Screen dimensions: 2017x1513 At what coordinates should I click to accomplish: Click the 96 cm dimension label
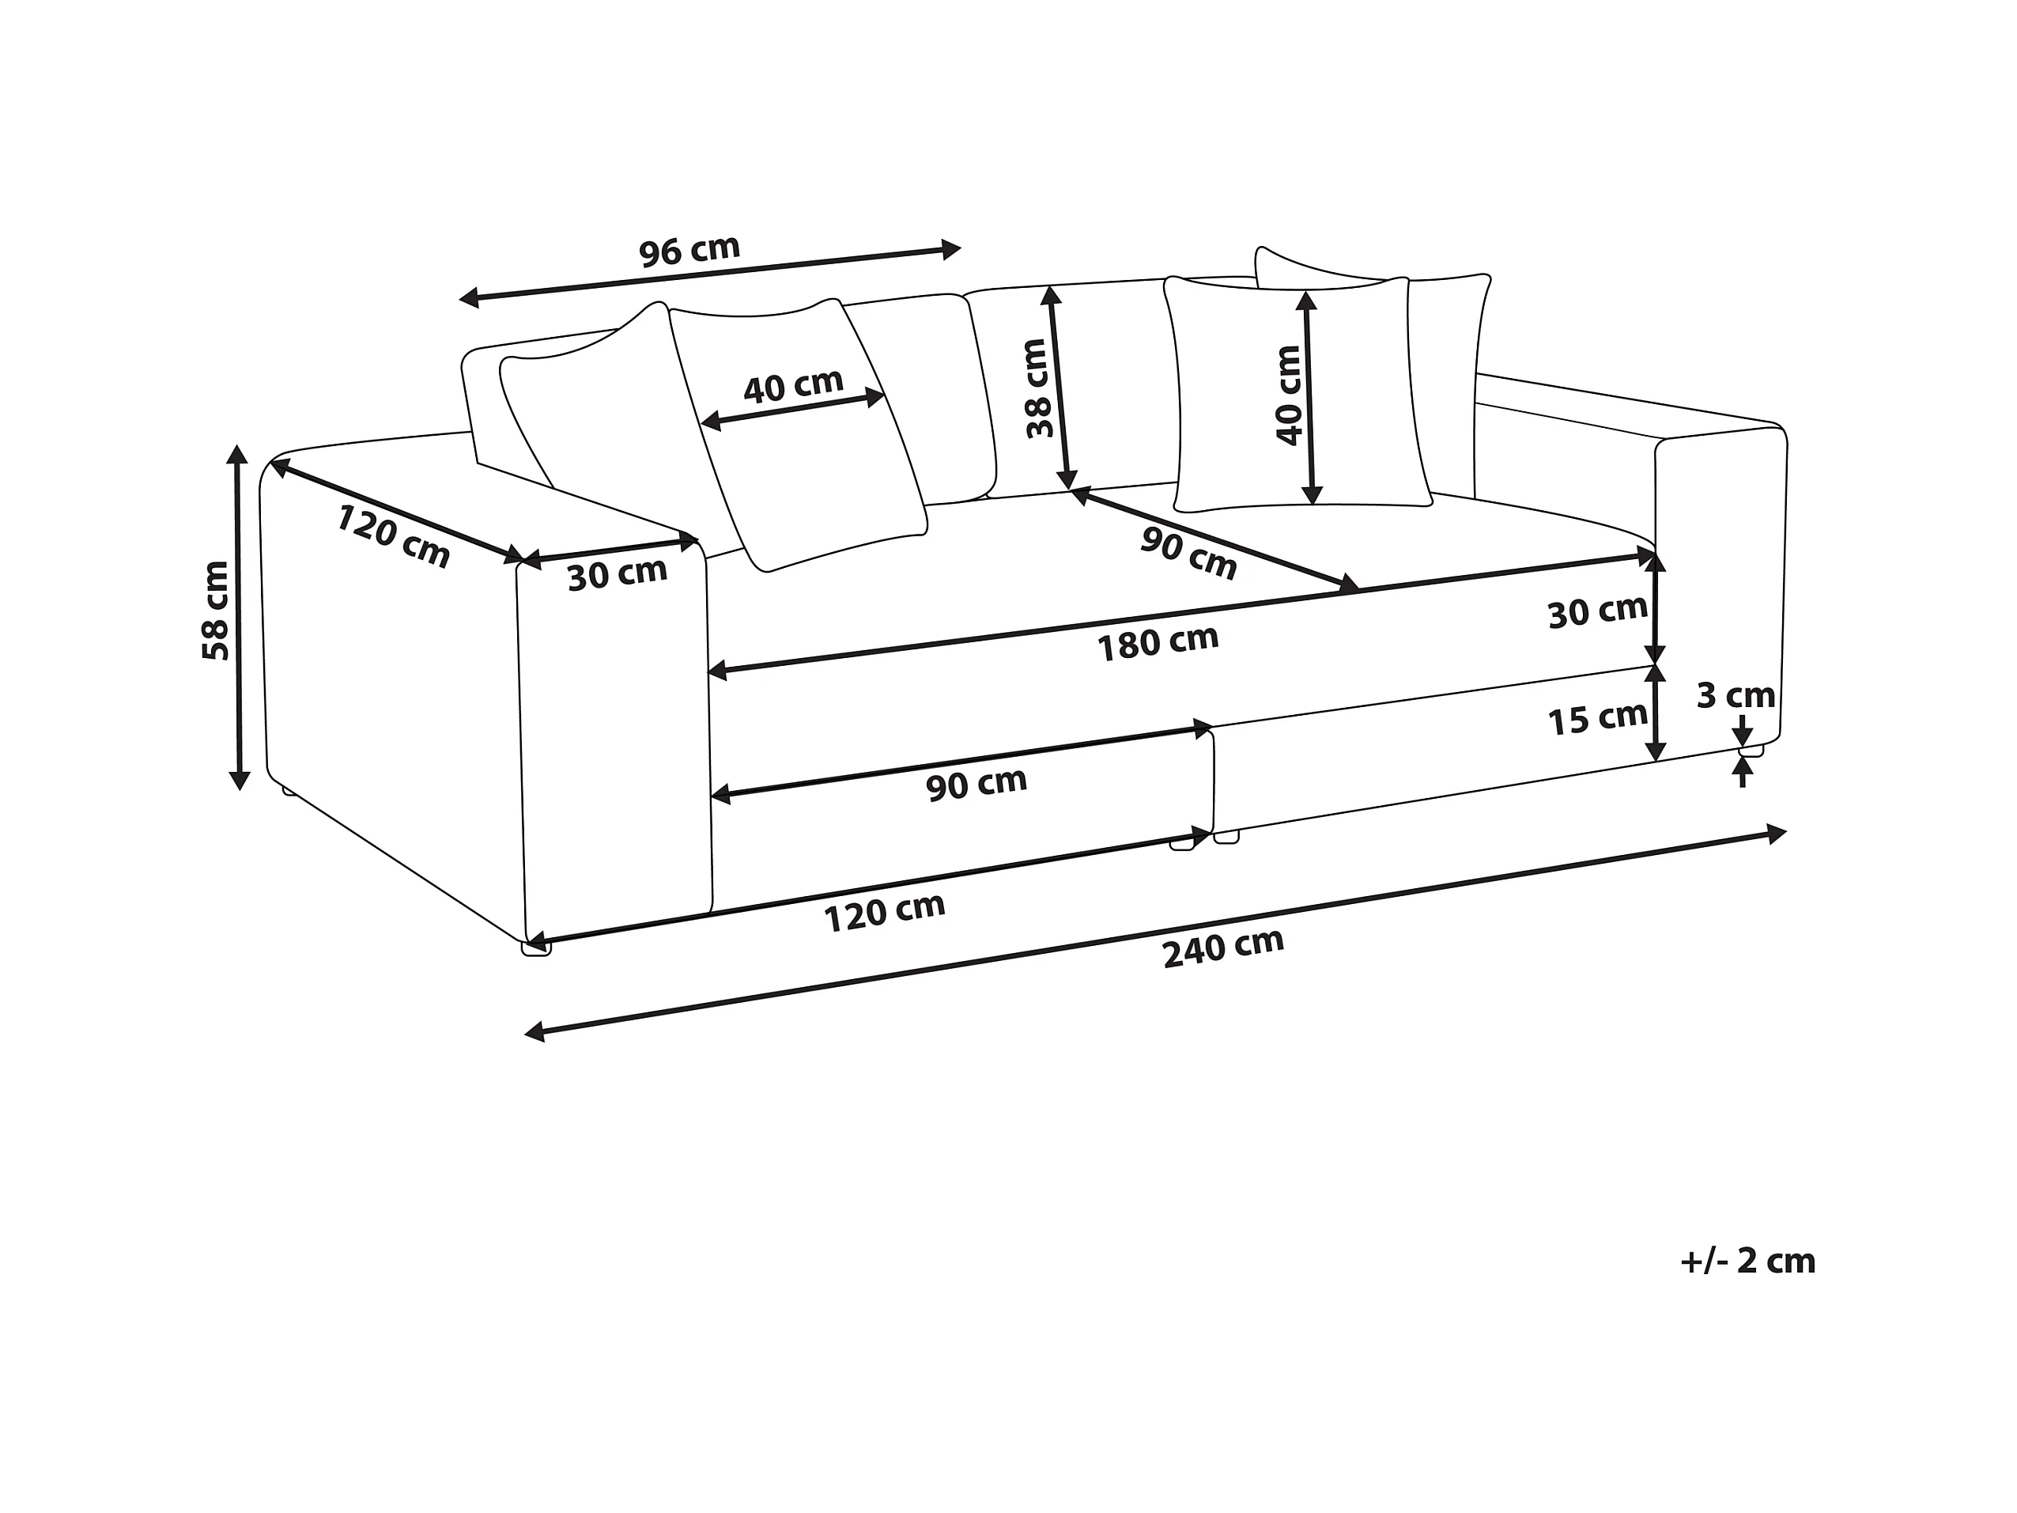pyautogui.click(x=689, y=251)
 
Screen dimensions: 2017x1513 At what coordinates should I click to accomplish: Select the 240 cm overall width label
pyautogui.click(x=1223, y=947)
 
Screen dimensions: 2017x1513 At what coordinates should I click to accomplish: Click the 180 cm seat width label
pyautogui.click(x=1157, y=643)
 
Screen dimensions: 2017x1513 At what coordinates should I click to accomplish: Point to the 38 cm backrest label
pyautogui.click(x=1037, y=388)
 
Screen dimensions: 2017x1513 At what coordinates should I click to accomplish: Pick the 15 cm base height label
pyautogui.click(x=1598, y=720)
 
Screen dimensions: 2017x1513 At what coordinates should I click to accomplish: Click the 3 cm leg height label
pyautogui.click(x=1736, y=696)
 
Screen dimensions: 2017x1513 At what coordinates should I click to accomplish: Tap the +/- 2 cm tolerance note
pyautogui.click(x=1748, y=1261)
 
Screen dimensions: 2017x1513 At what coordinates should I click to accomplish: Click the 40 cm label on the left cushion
pyautogui.click(x=793, y=386)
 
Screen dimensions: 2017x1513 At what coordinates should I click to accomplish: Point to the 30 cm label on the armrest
pyautogui.click(x=618, y=574)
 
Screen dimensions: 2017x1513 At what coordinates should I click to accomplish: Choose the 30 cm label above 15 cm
pyautogui.click(x=1598, y=612)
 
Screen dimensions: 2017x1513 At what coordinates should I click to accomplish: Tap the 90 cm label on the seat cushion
pyautogui.click(x=1188, y=554)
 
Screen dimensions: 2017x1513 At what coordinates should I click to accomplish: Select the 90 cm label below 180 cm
pyautogui.click(x=976, y=784)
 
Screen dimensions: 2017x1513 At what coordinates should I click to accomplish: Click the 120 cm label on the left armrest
pyautogui.click(x=393, y=536)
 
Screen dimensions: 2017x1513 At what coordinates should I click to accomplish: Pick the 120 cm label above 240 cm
pyautogui.click(x=884, y=912)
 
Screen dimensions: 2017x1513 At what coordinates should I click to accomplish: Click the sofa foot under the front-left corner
pyautogui.click(x=536, y=949)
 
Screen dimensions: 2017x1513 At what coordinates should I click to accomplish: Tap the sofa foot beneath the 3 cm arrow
pyautogui.click(x=1750, y=751)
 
